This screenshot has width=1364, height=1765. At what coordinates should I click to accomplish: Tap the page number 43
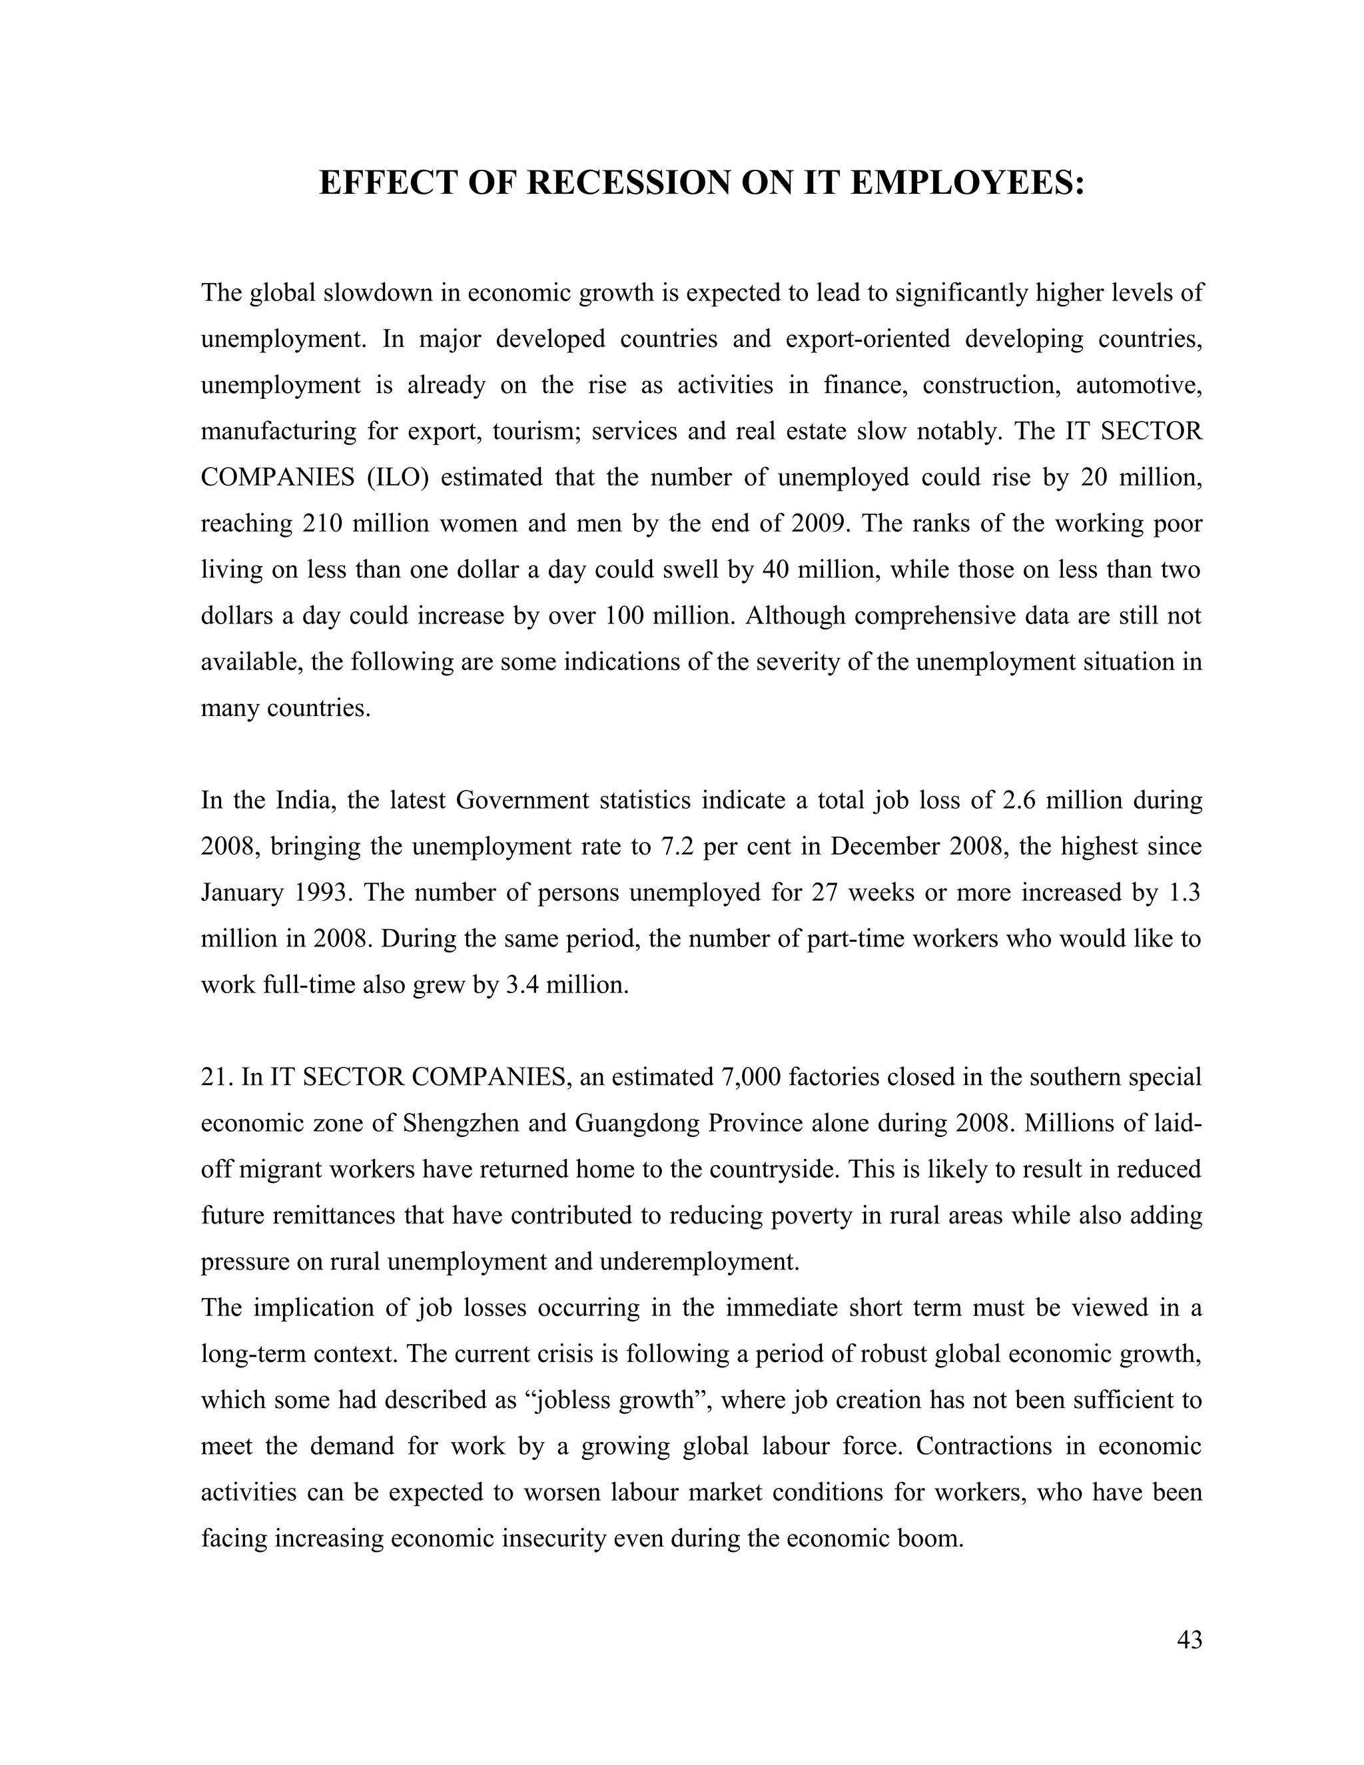click(x=1190, y=1640)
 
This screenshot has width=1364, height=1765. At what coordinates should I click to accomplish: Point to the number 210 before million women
click(x=322, y=524)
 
